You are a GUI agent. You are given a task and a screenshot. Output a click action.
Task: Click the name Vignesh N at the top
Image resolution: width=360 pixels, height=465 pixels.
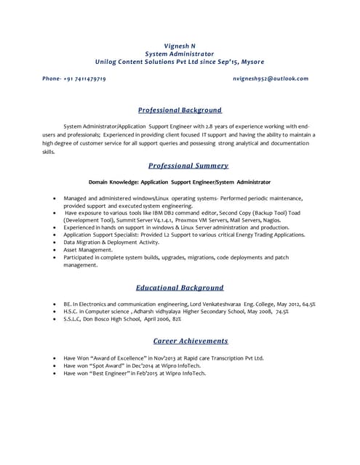pos(180,46)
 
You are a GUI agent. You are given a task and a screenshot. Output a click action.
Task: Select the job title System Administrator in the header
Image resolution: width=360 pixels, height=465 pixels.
pos(180,54)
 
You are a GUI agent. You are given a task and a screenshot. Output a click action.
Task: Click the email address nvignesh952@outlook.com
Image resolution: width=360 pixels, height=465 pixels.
pos(271,78)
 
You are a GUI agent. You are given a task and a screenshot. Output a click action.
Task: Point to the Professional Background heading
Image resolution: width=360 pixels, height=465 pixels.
pos(180,110)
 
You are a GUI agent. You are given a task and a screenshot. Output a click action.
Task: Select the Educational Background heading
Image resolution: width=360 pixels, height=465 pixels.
pos(180,288)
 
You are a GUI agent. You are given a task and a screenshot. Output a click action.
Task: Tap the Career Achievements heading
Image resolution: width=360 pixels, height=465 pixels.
pos(191,341)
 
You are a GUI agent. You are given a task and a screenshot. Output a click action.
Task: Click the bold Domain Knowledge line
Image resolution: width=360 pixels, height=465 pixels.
pos(180,182)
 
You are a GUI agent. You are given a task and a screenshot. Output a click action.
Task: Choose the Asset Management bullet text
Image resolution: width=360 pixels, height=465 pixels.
pos(88,250)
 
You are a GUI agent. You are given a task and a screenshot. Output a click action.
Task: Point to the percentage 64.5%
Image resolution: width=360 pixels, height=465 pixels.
pos(308,304)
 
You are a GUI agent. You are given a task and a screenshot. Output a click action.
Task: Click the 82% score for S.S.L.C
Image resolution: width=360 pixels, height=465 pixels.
pos(177,319)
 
